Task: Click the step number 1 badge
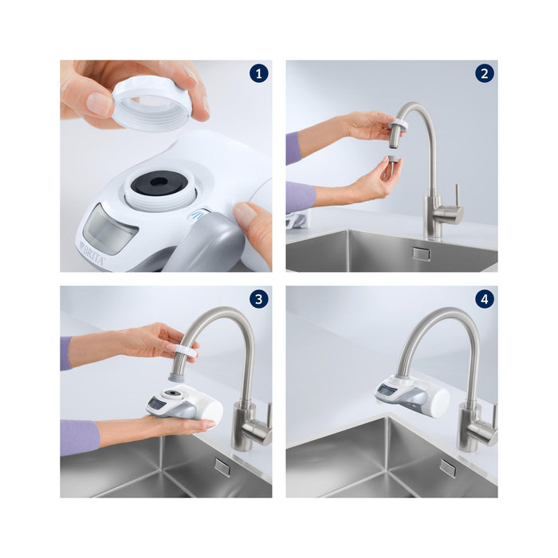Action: click(x=257, y=74)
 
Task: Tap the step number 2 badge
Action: click(x=484, y=74)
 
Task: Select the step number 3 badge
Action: click(x=257, y=300)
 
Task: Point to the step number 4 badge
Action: click(x=484, y=300)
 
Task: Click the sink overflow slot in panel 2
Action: click(x=420, y=253)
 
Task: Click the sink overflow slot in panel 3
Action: click(x=222, y=467)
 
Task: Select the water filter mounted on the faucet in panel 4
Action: click(x=411, y=395)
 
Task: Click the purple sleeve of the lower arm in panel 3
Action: click(x=79, y=437)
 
